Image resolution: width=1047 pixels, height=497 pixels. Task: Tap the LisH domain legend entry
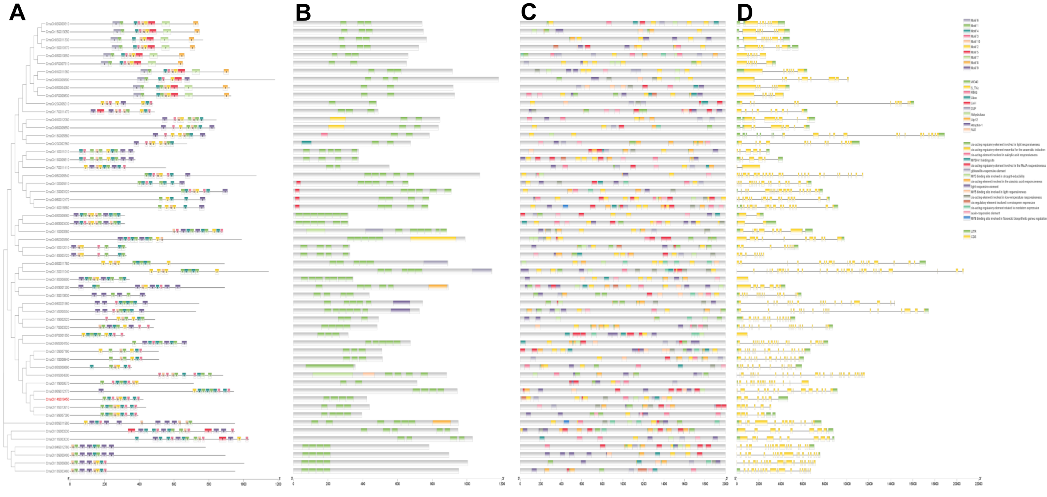(x=973, y=103)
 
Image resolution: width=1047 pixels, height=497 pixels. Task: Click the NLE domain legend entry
(x=973, y=130)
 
